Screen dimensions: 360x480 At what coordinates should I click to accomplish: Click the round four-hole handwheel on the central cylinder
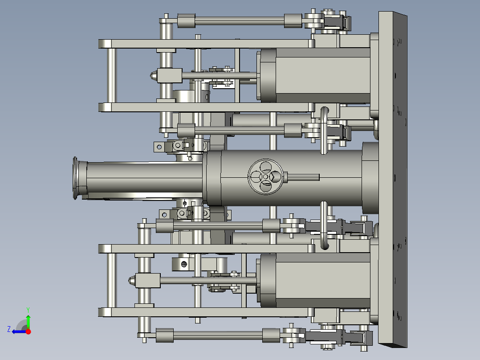click(x=265, y=176)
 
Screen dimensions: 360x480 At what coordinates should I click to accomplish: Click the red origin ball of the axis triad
click(x=28, y=331)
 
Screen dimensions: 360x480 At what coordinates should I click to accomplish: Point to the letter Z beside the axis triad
click(x=9, y=329)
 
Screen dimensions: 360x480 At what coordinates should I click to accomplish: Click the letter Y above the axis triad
click(x=28, y=309)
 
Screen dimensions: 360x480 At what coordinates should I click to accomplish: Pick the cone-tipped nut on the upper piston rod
click(x=153, y=75)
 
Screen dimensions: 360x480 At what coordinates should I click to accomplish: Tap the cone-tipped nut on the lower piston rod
click(x=132, y=281)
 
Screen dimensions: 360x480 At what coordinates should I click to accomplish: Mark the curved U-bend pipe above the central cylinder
click(x=324, y=130)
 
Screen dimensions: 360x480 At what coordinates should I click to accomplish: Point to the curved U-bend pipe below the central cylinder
click(x=324, y=225)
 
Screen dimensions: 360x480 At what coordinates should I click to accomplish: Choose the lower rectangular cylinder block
click(x=322, y=281)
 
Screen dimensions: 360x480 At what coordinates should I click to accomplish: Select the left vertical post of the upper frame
click(x=110, y=75)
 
